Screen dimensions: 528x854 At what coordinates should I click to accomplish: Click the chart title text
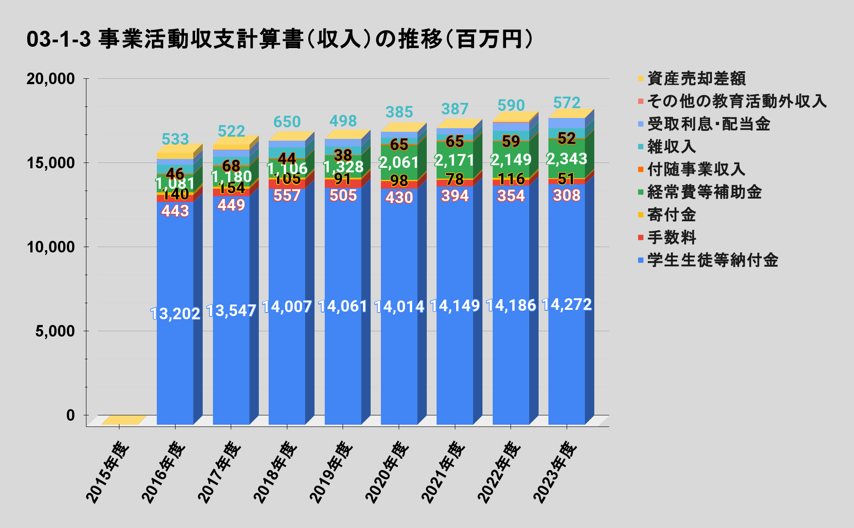pos(280,39)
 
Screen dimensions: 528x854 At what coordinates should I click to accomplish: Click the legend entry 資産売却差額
pos(696,79)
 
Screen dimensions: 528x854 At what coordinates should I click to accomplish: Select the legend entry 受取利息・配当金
pos(708,124)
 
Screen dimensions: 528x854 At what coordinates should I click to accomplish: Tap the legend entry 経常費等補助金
pos(704,192)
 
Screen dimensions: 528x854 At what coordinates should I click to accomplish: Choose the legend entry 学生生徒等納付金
pos(712,260)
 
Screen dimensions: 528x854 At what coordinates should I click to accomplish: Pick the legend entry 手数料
pos(671,237)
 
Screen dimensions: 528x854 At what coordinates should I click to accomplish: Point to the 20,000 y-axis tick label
pos(50,79)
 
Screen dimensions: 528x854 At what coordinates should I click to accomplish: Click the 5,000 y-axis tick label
pos(55,331)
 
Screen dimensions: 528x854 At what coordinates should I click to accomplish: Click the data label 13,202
pos(175,314)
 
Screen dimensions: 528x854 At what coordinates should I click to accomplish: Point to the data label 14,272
pos(567,305)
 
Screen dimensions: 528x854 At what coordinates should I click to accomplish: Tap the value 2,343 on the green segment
pos(567,159)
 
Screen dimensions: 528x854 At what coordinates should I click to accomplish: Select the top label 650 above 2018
pos(287,122)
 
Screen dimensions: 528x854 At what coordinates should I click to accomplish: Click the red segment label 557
pos(287,195)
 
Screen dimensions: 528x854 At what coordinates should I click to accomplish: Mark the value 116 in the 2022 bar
pos(511,179)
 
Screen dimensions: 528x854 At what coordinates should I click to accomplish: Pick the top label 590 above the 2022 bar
pos(511,106)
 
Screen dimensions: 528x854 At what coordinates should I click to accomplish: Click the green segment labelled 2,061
pos(399,162)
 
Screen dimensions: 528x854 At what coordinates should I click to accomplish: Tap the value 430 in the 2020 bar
pos(399,197)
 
